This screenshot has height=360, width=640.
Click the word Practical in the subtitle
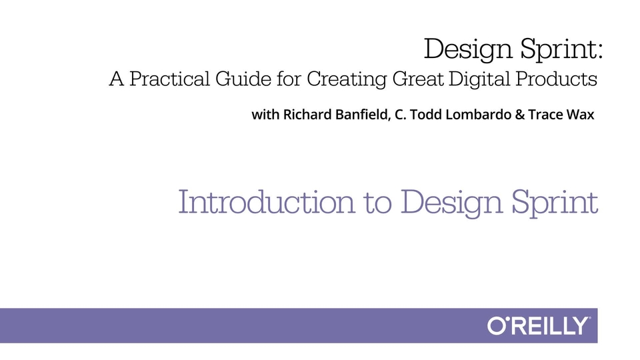(x=169, y=79)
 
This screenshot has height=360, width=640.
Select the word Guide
(x=243, y=79)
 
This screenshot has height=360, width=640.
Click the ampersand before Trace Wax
(x=519, y=115)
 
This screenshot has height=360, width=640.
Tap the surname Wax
(x=581, y=115)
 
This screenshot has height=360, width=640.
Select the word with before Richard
(x=265, y=114)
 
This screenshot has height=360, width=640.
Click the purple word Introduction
(x=267, y=201)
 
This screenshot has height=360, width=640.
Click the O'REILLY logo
(x=539, y=326)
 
